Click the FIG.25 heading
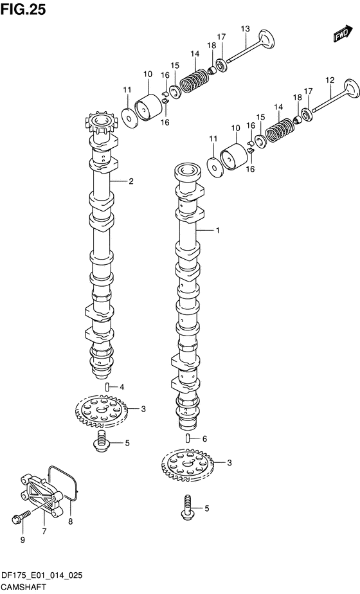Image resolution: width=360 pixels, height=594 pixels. point(23,9)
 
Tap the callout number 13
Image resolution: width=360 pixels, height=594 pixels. point(245,29)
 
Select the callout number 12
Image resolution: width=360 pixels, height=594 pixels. point(330,80)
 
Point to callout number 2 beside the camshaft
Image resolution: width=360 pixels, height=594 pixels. point(130,181)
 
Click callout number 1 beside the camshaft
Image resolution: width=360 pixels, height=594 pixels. point(217,230)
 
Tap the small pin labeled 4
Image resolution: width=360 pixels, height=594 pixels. point(107,387)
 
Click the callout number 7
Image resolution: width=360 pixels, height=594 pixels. point(44,532)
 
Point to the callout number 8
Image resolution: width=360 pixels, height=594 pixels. point(71,521)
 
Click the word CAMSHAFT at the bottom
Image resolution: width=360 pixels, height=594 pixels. point(24,587)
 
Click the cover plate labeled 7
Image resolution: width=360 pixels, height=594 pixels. point(40,494)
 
